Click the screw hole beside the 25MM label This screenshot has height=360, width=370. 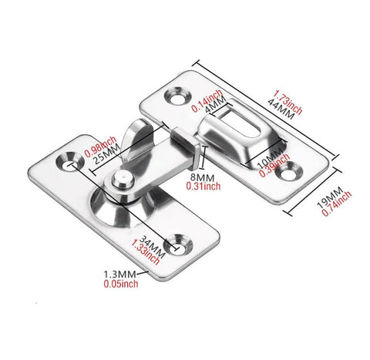coord(71,164)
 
